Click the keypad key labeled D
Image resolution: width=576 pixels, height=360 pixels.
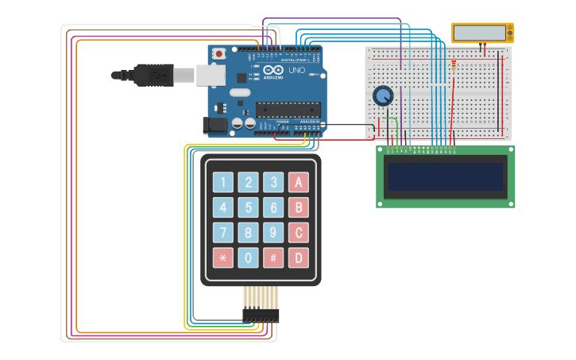pyautogui.click(x=299, y=257)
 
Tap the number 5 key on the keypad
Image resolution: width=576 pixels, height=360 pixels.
pyautogui.click(x=249, y=208)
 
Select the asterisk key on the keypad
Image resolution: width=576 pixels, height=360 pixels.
pyautogui.click(x=223, y=257)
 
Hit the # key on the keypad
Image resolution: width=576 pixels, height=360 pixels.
pyautogui.click(x=273, y=257)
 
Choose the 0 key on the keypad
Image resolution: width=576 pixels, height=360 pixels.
pyautogui.click(x=249, y=257)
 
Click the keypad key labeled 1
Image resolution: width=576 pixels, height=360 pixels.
pyautogui.click(x=223, y=183)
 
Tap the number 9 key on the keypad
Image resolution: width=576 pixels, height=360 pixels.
pyautogui.click(x=273, y=233)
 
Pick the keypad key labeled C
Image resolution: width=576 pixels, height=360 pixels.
pyautogui.click(x=299, y=233)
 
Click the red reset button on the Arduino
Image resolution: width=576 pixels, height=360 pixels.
pyautogui.click(x=218, y=53)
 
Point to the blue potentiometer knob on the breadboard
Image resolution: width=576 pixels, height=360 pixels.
pyautogui.click(x=383, y=96)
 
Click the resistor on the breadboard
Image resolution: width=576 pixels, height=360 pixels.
pyautogui.click(x=454, y=65)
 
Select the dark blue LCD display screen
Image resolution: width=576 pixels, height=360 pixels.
pyautogui.click(x=445, y=176)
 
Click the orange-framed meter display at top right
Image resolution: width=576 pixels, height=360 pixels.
pyautogui.click(x=482, y=33)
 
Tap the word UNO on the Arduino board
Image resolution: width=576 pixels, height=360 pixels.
pyautogui.click(x=296, y=71)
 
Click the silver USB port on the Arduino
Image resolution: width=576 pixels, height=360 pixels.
pyautogui.click(x=211, y=75)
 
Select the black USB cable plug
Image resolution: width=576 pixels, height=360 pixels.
pyautogui.click(x=153, y=75)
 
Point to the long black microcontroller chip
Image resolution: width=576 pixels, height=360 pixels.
pyautogui.click(x=288, y=110)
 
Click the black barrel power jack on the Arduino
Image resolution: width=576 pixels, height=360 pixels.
pyautogui.click(x=214, y=125)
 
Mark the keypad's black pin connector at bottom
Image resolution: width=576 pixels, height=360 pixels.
pyautogui.click(x=261, y=315)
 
